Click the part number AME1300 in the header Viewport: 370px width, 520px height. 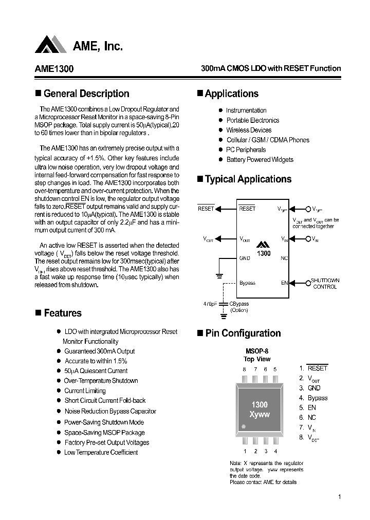tap(54, 69)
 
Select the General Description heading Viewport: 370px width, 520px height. tap(86, 94)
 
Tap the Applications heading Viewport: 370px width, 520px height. tap(231, 94)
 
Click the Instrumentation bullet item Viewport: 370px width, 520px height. tap(246, 110)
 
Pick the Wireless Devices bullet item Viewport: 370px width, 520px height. tap(249, 130)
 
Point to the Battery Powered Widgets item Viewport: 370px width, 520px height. tap(260, 159)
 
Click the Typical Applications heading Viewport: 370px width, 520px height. tap(248, 179)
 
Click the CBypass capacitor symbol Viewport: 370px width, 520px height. tap(223, 304)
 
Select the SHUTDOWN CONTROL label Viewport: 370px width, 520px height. tap(325, 284)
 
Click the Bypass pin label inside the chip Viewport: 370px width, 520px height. tap(247, 283)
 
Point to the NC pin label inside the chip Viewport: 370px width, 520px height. tap(284, 258)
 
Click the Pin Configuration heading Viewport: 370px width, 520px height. tap(243, 333)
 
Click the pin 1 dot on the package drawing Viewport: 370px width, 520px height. tap(244, 426)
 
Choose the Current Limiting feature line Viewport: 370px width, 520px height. tap(85, 391)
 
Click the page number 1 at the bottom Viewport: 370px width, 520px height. tap(340, 497)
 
